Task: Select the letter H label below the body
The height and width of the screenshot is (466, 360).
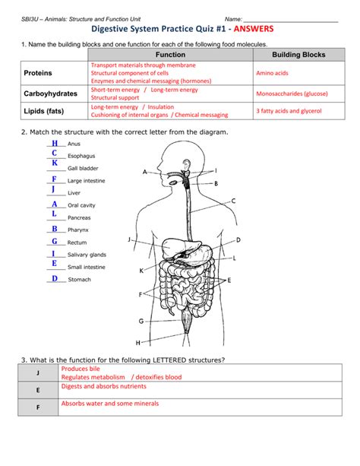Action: [137, 342]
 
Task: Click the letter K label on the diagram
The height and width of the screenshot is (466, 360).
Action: [141, 270]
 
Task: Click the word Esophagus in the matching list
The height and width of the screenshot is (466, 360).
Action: [81, 156]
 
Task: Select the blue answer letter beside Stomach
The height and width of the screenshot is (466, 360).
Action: [55, 278]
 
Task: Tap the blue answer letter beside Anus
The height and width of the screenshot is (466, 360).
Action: [55, 143]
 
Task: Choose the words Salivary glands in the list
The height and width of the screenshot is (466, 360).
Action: [87, 255]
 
